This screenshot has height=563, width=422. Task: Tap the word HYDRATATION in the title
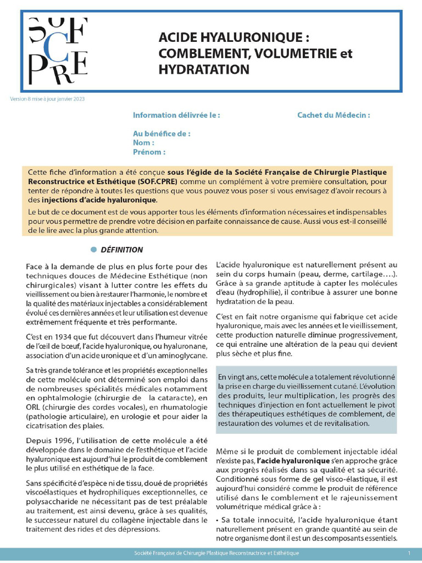coord(203,69)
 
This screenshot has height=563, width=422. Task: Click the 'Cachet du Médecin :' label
coord(334,115)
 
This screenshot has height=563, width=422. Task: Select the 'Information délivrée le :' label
coord(176,115)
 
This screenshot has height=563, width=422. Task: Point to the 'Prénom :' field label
coord(149,152)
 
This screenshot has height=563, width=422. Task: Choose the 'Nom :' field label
coord(144,142)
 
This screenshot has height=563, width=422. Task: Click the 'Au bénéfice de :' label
coord(162,134)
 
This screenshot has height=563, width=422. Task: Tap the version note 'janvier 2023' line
coord(47,99)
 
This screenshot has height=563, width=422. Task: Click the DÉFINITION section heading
coord(122,250)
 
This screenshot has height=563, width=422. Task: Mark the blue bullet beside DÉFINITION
coord(94,250)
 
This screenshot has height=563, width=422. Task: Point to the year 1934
coord(70,336)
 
